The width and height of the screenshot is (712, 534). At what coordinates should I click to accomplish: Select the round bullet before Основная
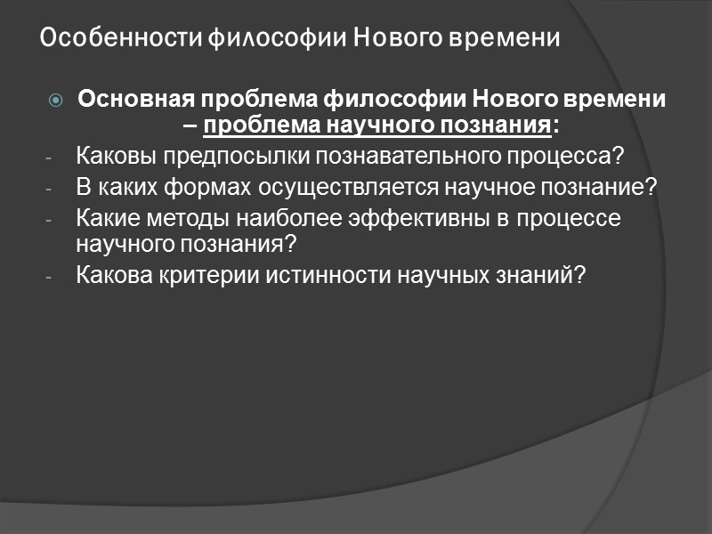pyautogui.click(x=56, y=99)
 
